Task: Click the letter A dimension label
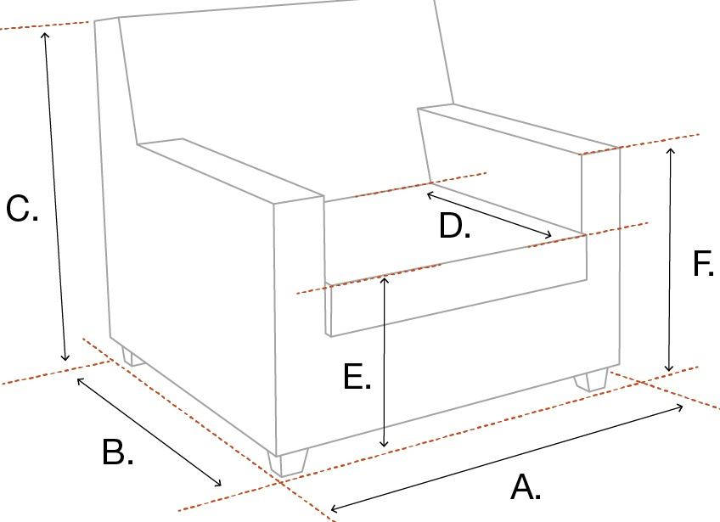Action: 526,487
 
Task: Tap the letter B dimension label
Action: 117,452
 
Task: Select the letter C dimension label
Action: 22,209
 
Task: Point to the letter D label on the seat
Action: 454,226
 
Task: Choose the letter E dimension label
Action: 357,377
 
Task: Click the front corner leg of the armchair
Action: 289,463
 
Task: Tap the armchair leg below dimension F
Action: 592,379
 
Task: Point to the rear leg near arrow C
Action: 133,356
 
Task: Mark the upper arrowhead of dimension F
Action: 671,151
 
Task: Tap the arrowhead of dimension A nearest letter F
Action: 680,407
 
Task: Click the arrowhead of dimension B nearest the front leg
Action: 218,483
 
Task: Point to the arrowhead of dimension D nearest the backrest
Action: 430,195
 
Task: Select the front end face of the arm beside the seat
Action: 299,326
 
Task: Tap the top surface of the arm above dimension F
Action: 518,127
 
